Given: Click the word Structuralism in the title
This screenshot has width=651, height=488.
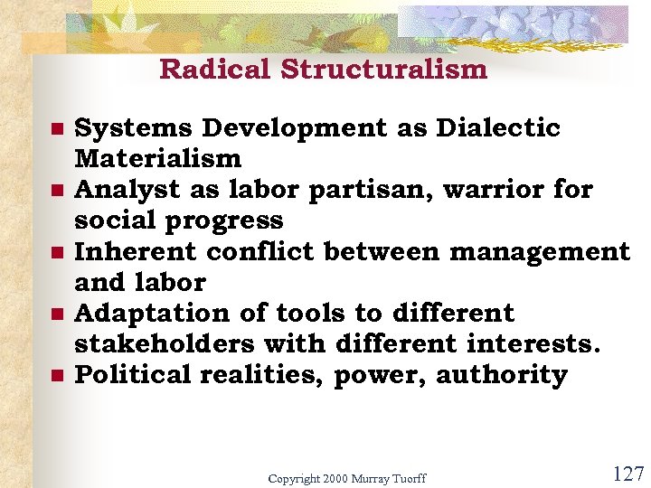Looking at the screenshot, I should pyautogui.click(x=383, y=70).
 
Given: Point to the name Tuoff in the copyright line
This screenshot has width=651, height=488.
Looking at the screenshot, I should pyautogui.click(x=406, y=478).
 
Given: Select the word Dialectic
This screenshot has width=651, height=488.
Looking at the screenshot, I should pyautogui.click(x=497, y=129).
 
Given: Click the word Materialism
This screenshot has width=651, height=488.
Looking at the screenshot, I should pyautogui.click(x=157, y=160).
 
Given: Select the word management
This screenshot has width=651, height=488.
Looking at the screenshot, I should pyautogui.click(x=539, y=252).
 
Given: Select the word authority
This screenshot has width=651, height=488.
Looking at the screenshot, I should pyautogui.click(x=502, y=375).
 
